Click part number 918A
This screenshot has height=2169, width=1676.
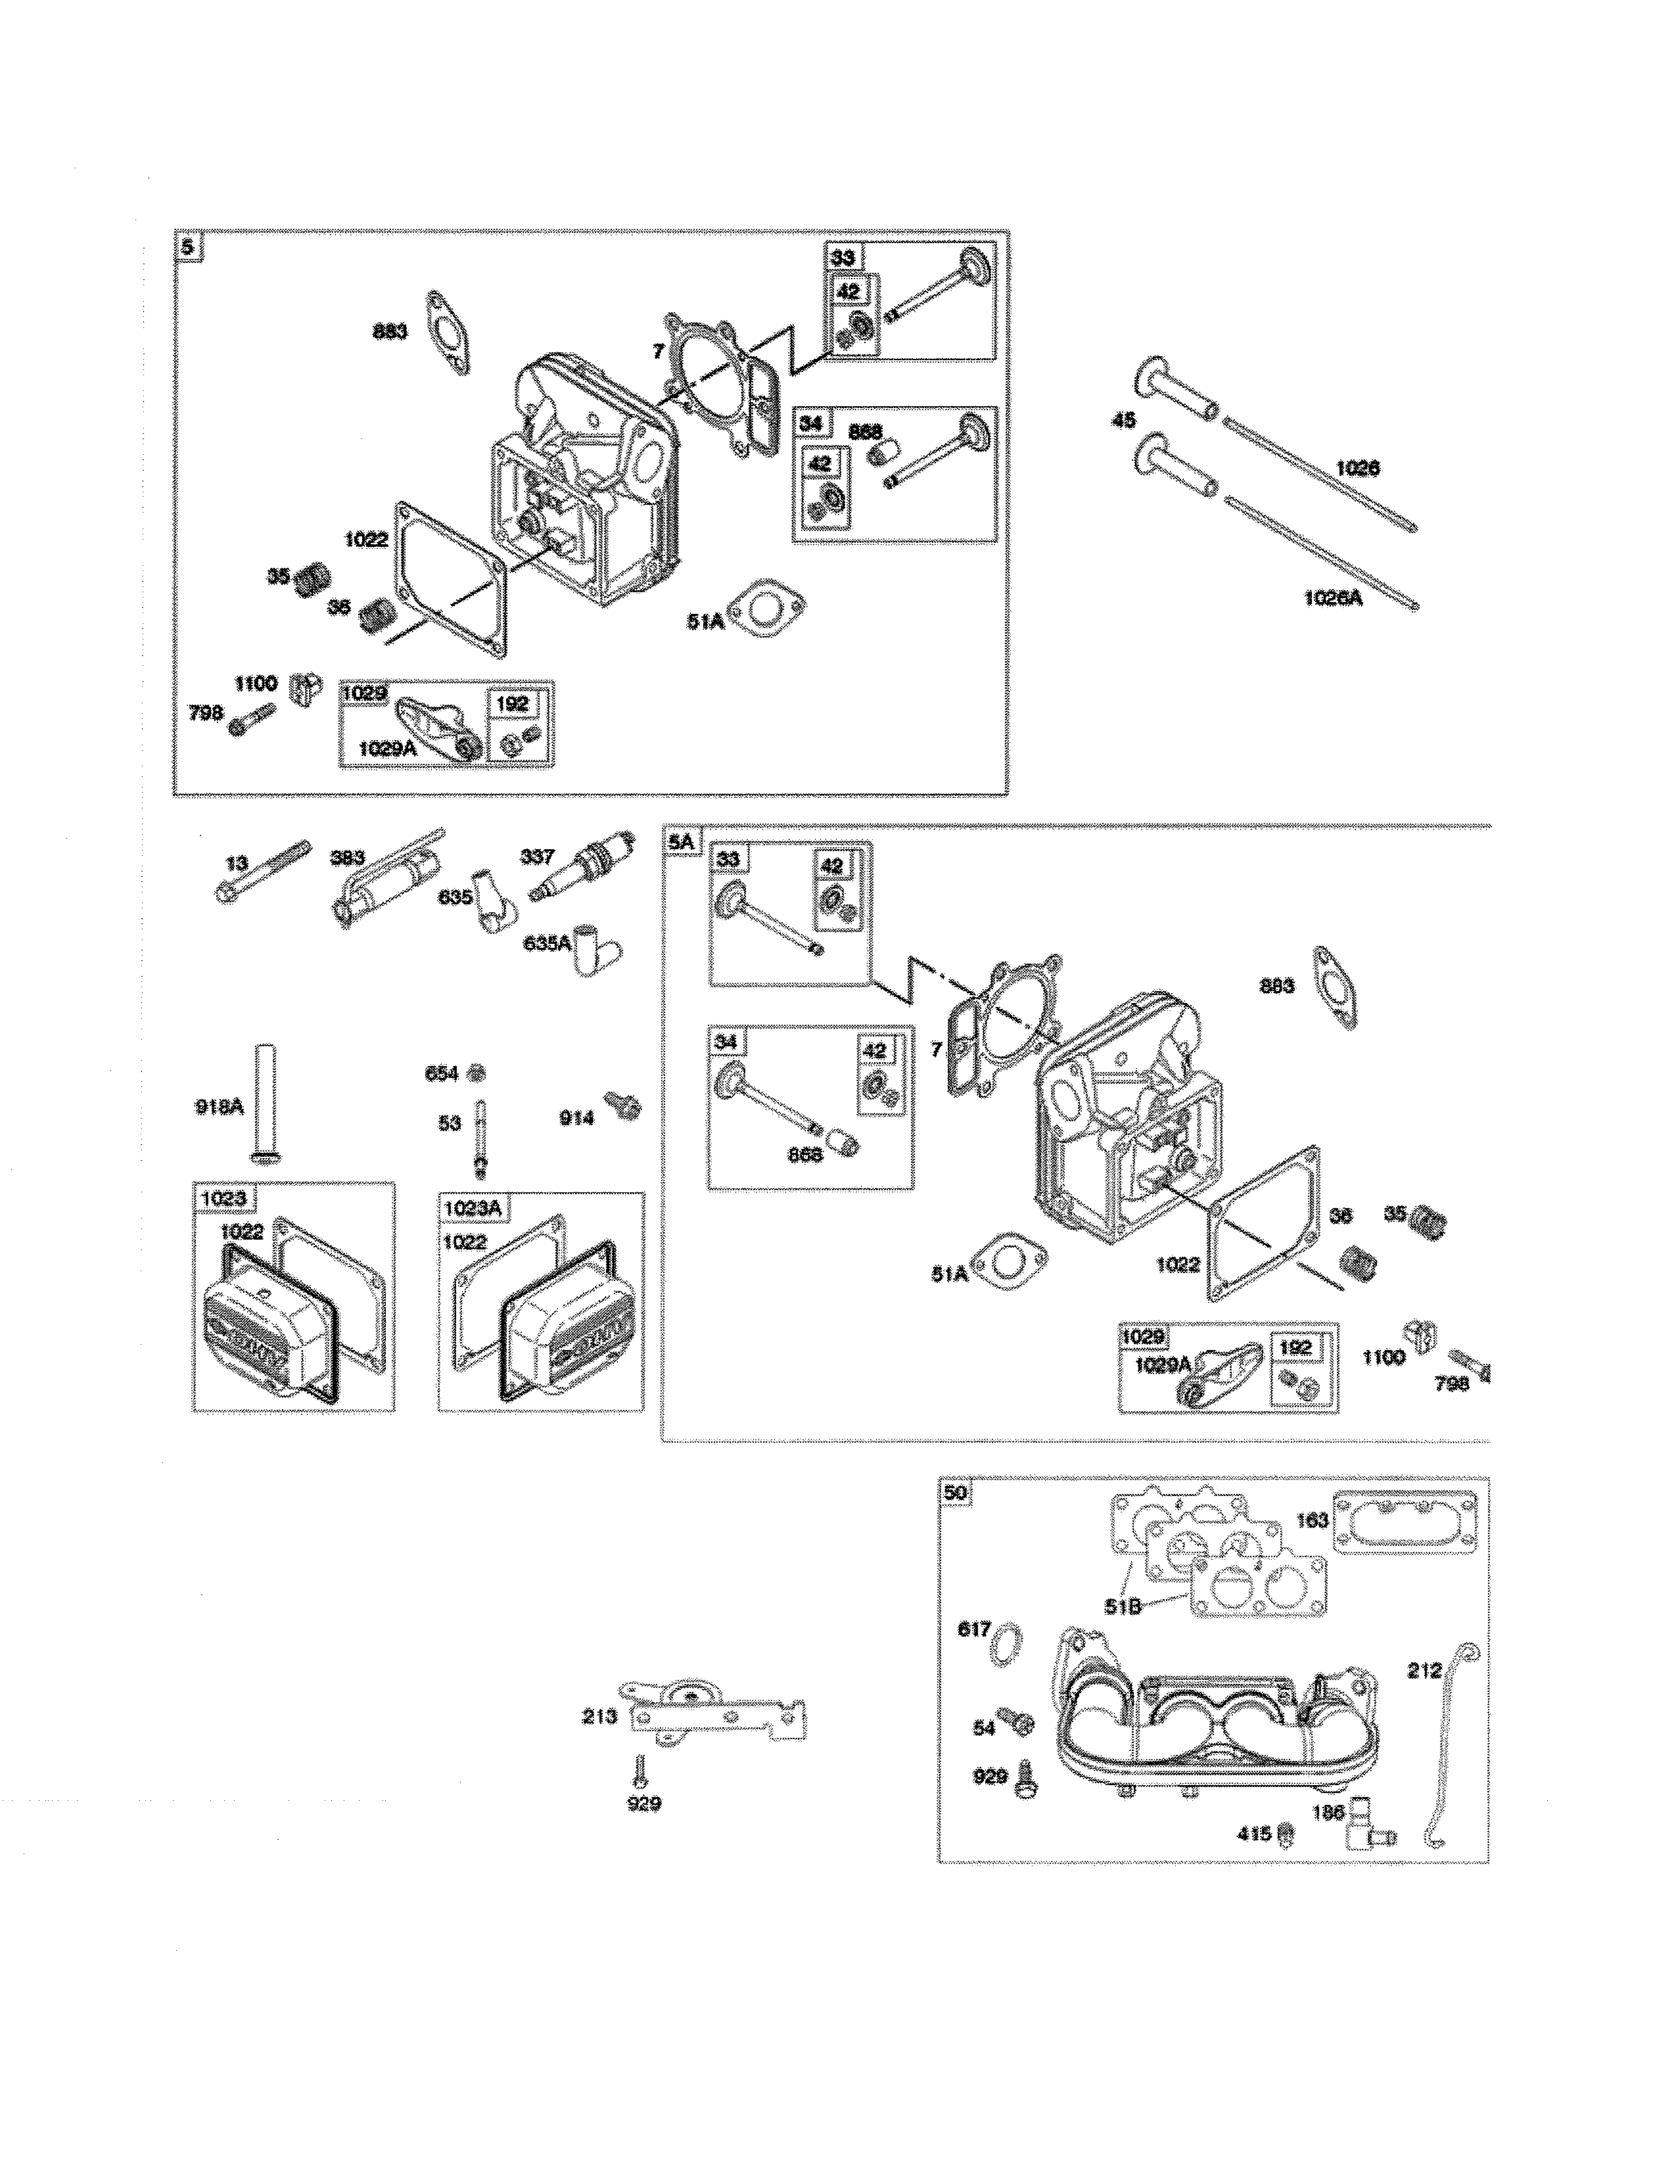pos(218,1106)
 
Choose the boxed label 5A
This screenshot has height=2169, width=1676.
pos(681,842)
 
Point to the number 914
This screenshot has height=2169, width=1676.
pos(576,1118)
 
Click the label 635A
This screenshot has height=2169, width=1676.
pos(546,943)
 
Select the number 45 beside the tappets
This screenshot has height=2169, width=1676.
pos(1123,421)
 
